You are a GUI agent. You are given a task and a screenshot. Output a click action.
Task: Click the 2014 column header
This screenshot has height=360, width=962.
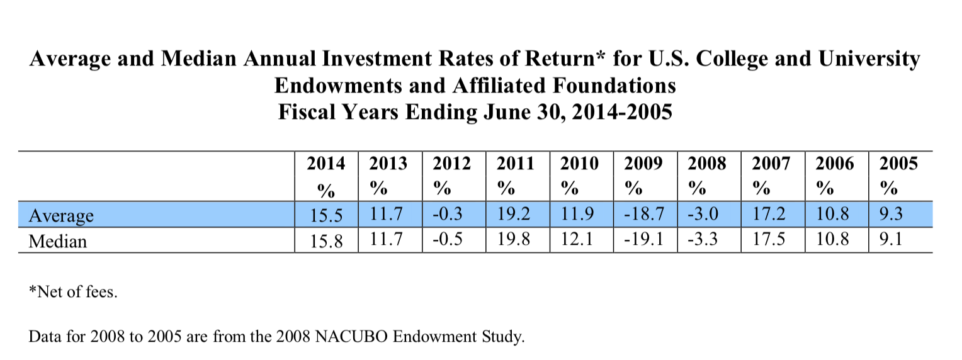(326, 164)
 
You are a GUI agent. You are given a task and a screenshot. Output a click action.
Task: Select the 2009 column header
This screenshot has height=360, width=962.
(643, 164)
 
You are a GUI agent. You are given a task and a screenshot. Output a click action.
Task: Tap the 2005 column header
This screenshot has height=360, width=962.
(898, 164)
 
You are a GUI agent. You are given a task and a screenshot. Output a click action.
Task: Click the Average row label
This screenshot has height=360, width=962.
(61, 216)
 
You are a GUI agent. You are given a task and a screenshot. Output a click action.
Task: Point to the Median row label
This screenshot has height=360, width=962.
(58, 241)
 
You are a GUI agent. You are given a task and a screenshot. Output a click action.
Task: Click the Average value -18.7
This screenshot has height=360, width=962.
(645, 215)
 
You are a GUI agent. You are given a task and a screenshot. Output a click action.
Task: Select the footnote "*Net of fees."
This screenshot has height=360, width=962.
(73, 293)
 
